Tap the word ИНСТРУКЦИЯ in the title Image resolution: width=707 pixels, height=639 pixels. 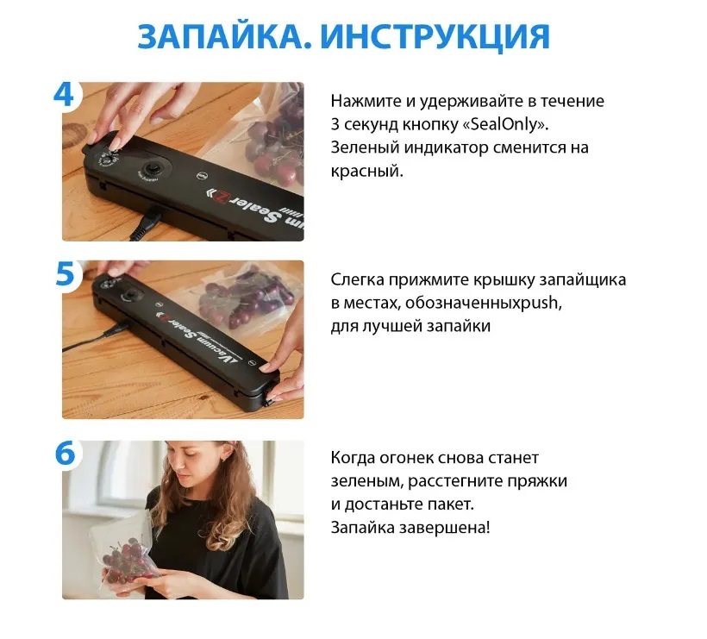coord(435,37)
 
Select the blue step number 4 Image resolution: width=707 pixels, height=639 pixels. coord(64,94)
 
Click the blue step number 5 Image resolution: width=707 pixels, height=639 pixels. coord(65,273)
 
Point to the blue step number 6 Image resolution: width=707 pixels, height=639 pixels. coord(66,453)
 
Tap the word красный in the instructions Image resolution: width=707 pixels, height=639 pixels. coord(366,172)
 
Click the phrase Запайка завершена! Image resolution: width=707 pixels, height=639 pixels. coord(410,528)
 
